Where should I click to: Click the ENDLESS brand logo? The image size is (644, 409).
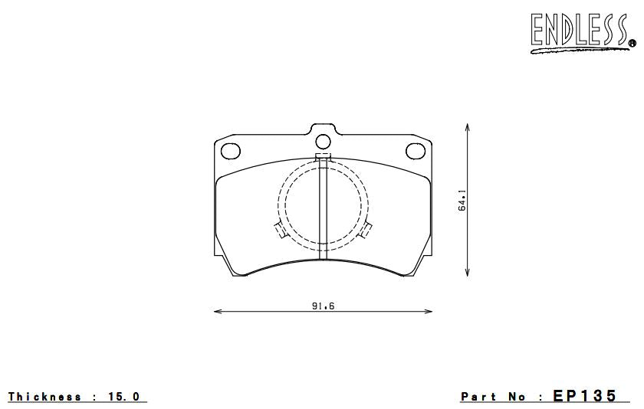click(580, 32)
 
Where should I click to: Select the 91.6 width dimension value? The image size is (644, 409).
click(324, 306)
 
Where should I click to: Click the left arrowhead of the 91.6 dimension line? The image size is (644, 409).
click(216, 312)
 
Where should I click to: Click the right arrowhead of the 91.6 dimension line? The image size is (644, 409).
click(429, 312)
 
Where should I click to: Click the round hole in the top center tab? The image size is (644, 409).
click(323, 140)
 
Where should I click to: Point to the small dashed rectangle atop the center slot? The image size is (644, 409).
click(323, 159)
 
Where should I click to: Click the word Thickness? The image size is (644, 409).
click(44, 397)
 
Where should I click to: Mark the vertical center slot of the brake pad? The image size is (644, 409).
click(323, 211)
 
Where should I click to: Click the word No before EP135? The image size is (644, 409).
click(517, 397)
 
